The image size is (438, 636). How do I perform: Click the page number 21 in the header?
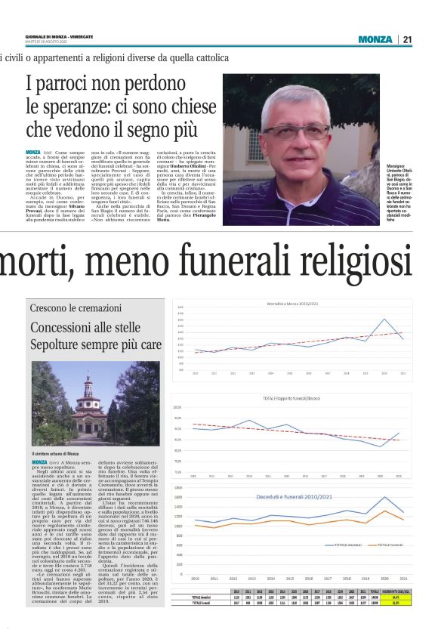tap(408, 39)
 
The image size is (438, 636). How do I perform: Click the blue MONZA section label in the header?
tap(376, 39)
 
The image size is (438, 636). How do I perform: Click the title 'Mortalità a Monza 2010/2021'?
tap(298, 304)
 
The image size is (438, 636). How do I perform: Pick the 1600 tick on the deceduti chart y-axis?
tap(178, 488)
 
